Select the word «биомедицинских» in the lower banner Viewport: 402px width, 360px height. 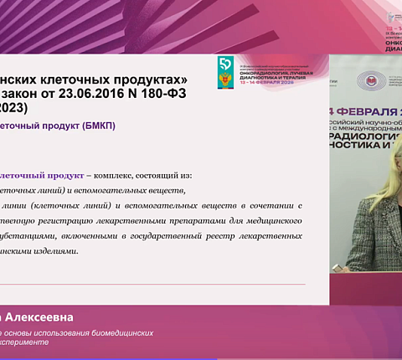(125, 332)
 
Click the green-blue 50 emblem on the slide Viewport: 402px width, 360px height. (223, 68)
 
